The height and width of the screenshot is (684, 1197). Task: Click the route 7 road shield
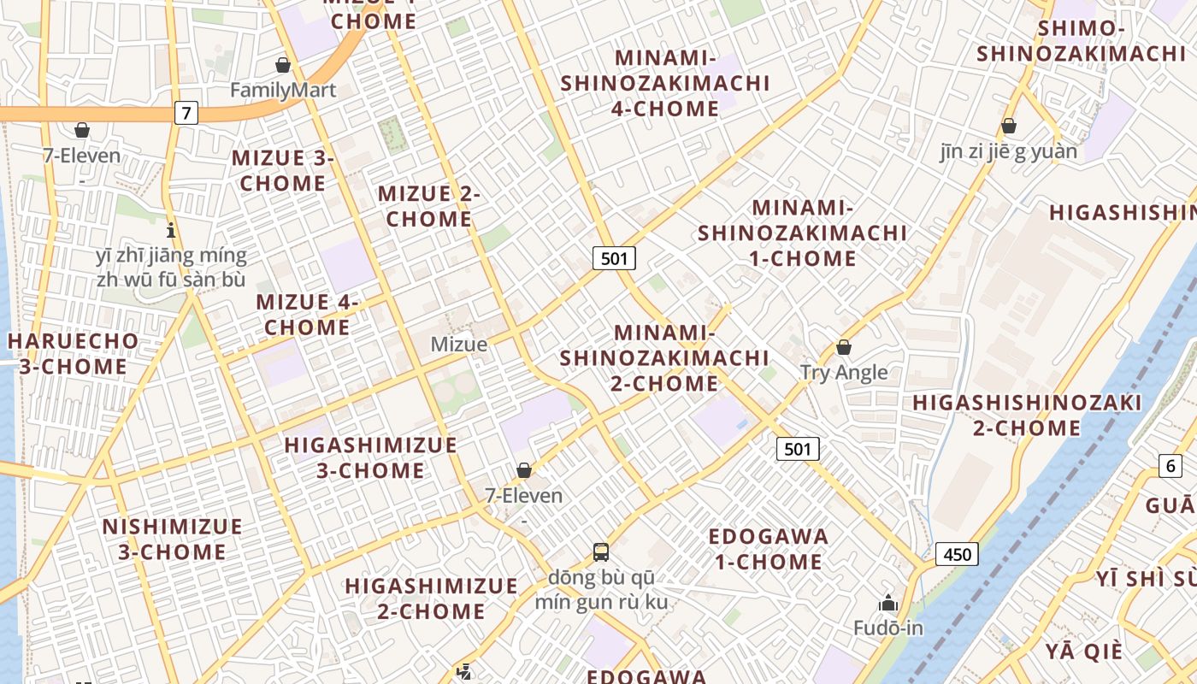click(186, 112)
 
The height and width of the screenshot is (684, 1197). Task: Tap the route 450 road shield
click(957, 554)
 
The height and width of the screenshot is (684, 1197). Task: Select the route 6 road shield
click(1170, 466)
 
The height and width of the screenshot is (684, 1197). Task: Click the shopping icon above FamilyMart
click(283, 65)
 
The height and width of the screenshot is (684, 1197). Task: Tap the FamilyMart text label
click(283, 90)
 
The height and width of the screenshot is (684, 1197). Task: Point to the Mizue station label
click(459, 345)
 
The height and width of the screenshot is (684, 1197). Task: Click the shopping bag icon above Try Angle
click(844, 347)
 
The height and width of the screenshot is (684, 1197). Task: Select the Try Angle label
click(844, 373)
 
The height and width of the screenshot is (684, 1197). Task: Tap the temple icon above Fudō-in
click(887, 603)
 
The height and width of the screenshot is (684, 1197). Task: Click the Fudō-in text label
click(888, 628)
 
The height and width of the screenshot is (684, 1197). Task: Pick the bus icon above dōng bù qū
click(601, 551)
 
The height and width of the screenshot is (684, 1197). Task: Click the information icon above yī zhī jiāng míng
click(171, 230)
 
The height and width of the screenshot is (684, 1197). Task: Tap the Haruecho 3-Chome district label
click(73, 354)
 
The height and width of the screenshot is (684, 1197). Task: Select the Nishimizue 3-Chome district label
click(173, 539)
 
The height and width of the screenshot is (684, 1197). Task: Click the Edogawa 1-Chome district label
click(769, 549)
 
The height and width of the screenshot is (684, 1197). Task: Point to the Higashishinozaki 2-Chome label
click(1027, 415)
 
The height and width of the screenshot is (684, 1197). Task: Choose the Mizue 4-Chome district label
click(307, 315)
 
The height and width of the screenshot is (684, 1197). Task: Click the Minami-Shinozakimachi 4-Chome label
click(665, 83)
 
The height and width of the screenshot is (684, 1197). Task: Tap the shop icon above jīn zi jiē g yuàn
click(1009, 127)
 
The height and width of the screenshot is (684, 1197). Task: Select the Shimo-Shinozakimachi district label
click(1081, 41)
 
